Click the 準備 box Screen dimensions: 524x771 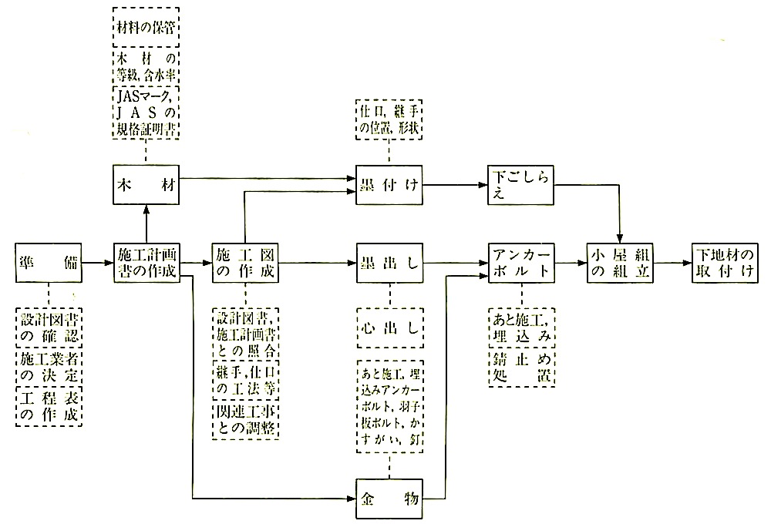[49, 264]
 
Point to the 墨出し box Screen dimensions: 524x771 [389, 264]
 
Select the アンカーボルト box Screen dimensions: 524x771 [521, 264]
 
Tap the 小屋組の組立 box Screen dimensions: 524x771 [619, 264]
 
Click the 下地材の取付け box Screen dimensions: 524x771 [724, 264]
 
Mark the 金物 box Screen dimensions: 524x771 [389, 497]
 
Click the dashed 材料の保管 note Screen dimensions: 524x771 [145, 26]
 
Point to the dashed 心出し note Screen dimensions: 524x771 [389, 327]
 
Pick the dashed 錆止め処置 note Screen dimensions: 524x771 [521, 369]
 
